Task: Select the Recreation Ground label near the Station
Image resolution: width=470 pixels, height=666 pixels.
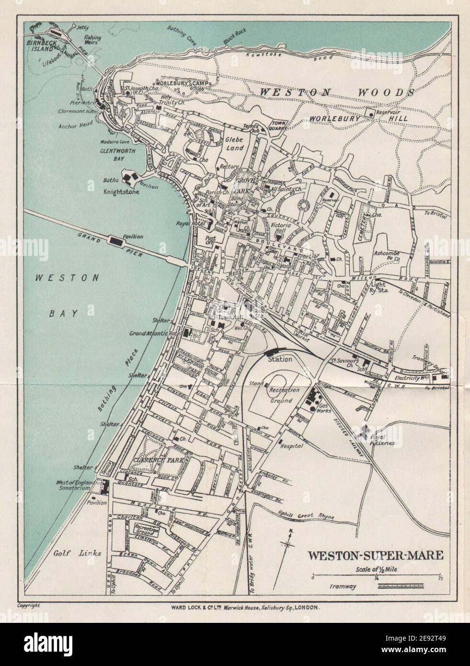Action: point(287,395)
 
